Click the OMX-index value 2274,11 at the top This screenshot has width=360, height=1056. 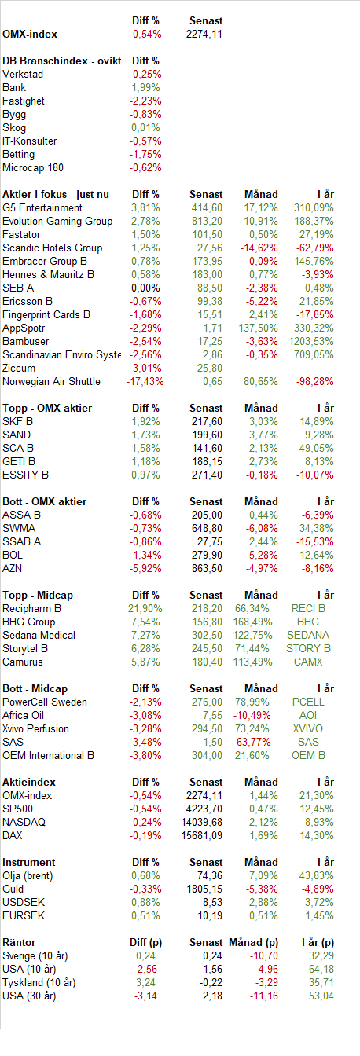pyautogui.click(x=204, y=35)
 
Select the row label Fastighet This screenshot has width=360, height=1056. pyautogui.click(x=24, y=101)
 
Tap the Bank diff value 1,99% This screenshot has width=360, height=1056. pyautogui.click(x=145, y=88)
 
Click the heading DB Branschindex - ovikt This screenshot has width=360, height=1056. pyautogui.click(x=62, y=60)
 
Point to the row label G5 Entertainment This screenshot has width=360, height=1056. pyautogui.click(x=42, y=208)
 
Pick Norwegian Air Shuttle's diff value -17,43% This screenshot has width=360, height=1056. pyautogui.click(x=145, y=381)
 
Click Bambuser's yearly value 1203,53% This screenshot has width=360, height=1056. pyautogui.click(x=311, y=341)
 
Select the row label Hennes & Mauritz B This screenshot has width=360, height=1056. pyautogui.click(x=48, y=274)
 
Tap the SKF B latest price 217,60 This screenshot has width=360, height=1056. pyautogui.click(x=207, y=421)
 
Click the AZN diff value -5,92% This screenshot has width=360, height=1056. pyautogui.click(x=145, y=569)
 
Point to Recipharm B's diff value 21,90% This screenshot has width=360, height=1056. pyautogui.click(x=145, y=609)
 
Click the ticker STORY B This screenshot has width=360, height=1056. pyautogui.click(x=308, y=649)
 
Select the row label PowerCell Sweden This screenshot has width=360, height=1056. pyautogui.click(x=45, y=702)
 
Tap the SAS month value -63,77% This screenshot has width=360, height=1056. pyautogui.click(x=252, y=742)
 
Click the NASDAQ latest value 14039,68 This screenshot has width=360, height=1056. pyautogui.click(x=201, y=822)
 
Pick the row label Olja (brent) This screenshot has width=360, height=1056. pyautogui.click(x=28, y=876)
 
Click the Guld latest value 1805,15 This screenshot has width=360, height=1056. pyautogui.click(x=204, y=889)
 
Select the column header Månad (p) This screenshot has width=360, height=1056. pyautogui.click(x=253, y=942)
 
